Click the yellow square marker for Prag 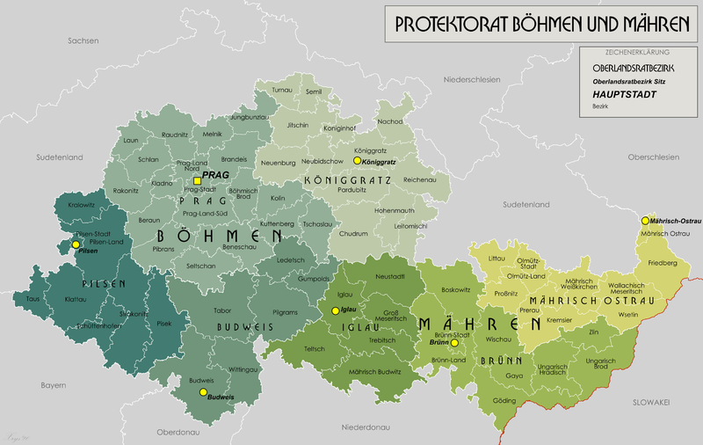197,180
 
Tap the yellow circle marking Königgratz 356,162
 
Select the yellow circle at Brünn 453,342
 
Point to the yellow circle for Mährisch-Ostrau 645,220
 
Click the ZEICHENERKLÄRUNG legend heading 636,52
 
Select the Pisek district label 164,323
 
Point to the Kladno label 163,183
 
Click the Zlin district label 593,332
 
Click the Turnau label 282,90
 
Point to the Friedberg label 663,263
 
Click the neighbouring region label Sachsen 84,40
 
